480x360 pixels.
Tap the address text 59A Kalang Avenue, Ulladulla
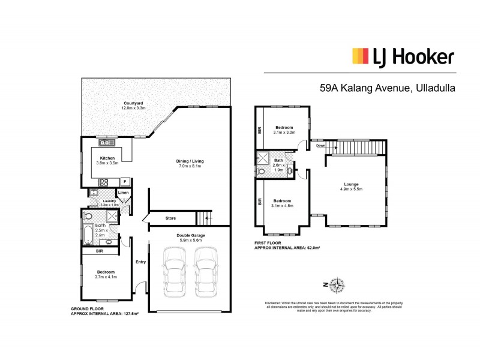(388, 88)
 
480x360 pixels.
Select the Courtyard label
(133, 103)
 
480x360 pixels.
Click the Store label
(170, 218)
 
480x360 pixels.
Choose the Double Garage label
(190, 235)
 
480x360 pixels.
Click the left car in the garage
(173, 272)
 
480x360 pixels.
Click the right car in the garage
(206, 272)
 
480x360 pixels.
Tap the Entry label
(140, 261)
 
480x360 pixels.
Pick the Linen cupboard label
(123, 193)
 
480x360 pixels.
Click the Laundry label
(109, 201)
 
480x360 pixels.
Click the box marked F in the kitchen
(124, 181)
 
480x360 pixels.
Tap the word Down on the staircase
(321, 146)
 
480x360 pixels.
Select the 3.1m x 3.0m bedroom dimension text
(283, 133)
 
